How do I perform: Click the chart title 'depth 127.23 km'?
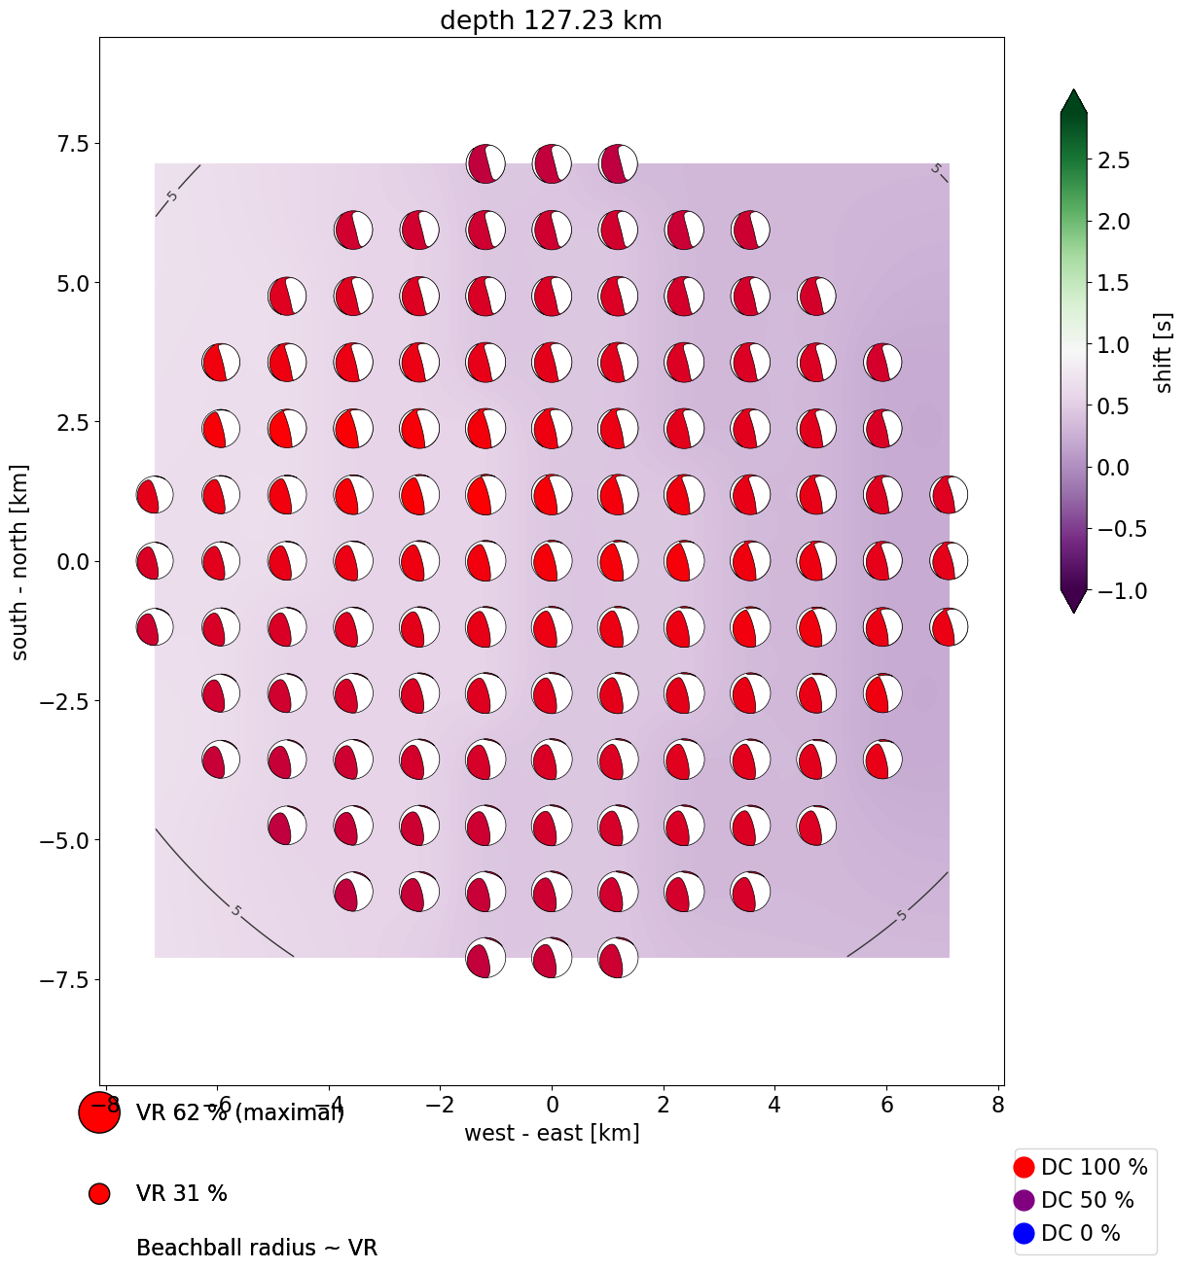pos(551,20)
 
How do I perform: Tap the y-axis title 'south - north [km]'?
pos(19,562)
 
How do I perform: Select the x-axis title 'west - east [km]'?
pos(552,1133)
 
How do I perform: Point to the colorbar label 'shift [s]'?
pos(1163,352)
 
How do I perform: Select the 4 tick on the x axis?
pos(774,1105)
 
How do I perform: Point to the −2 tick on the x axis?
pos(440,1105)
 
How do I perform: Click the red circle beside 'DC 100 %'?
pos(1024,1167)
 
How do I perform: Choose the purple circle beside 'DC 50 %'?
pos(1024,1200)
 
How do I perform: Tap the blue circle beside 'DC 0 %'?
pos(1024,1233)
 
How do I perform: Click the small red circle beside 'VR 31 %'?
pos(99,1193)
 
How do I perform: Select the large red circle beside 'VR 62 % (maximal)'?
pos(99,1112)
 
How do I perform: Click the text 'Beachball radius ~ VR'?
pos(257,1248)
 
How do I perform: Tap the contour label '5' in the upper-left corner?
pos(172,196)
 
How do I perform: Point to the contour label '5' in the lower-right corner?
pos(902,915)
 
